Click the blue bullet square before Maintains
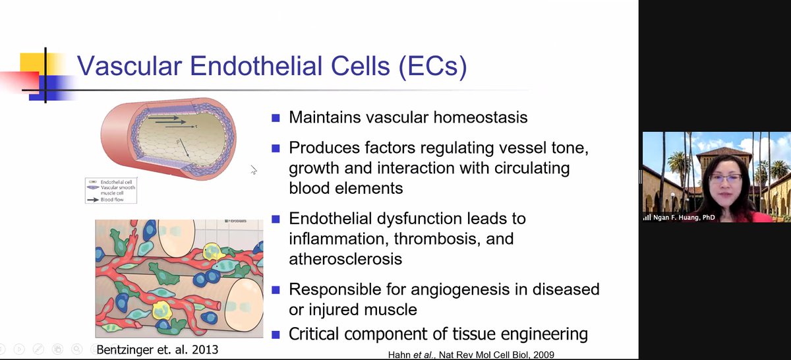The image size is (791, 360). [276, 119]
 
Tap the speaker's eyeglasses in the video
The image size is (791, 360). [726, 177]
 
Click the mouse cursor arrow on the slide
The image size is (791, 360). [254, 170]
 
